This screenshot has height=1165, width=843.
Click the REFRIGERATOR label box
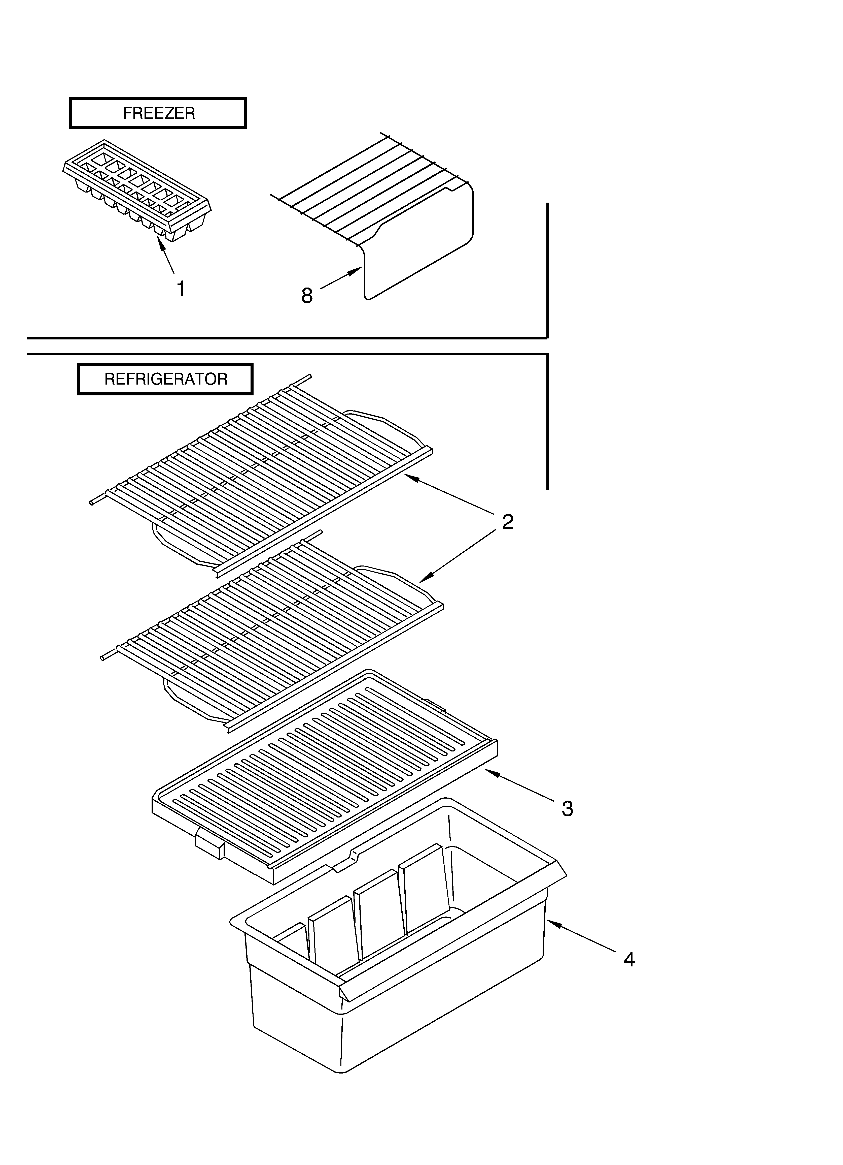click(165, 379)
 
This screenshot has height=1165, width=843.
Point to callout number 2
click(507, 522)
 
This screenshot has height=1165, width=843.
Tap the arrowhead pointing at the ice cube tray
click(161, 244)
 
